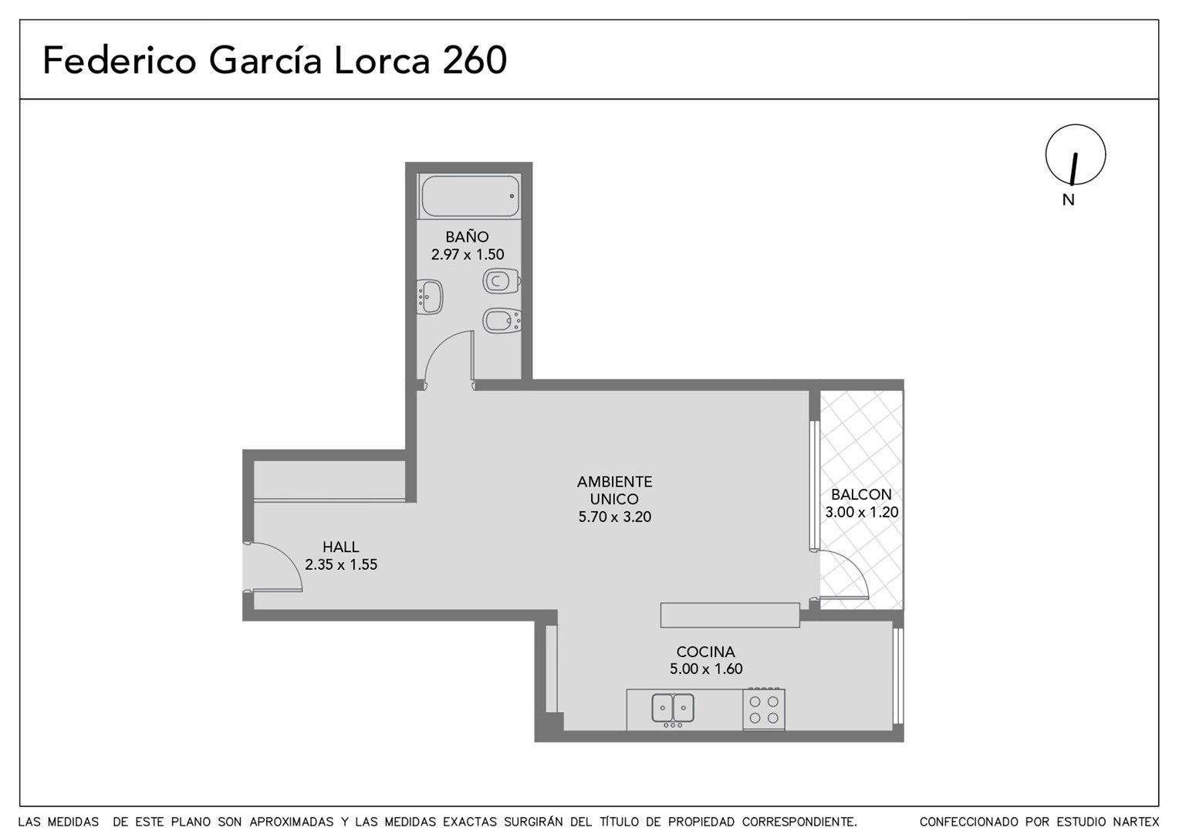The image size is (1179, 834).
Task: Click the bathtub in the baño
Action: point(469,195)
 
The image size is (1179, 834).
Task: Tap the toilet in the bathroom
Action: point(502,281)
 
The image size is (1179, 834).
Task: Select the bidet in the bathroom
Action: point(502,320)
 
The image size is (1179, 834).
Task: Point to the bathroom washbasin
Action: point(430,297)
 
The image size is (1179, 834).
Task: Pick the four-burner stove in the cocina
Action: point(764,709)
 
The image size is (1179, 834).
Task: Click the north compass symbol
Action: point(1076,155)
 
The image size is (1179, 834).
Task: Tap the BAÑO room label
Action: point(467,236)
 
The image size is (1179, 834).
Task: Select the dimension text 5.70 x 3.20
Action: point(615,517)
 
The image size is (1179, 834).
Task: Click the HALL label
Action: point(340,547)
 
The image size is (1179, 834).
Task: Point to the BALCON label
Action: point(861,495)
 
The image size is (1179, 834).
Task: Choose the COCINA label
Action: point(706,652)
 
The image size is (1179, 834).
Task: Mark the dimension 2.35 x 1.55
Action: point(341,564)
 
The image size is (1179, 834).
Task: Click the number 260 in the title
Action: point(475,60)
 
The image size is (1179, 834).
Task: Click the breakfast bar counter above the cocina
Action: point(730,615)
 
